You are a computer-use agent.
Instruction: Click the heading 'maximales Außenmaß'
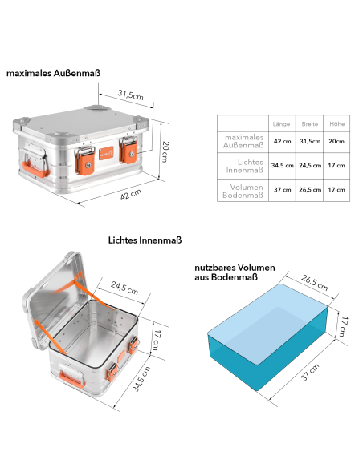[53, 73]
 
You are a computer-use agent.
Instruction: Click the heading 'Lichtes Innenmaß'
[145, 239]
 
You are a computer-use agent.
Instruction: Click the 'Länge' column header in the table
[281, 124]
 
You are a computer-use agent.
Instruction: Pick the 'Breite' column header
[309, 124]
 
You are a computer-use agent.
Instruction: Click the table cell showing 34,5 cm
[282, 165]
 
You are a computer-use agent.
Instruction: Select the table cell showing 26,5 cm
[310, 189]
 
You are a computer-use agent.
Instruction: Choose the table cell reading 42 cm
[282, 142]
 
